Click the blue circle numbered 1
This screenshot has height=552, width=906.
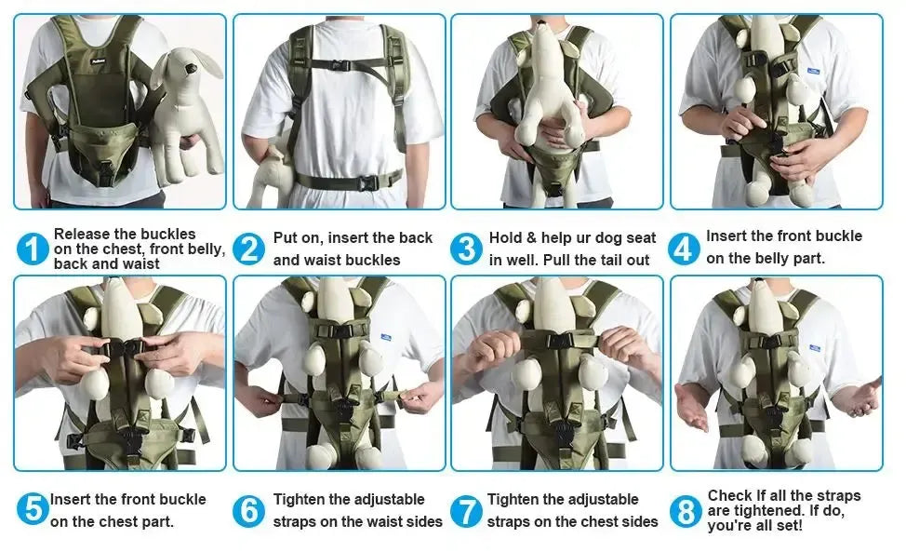pos(33,249)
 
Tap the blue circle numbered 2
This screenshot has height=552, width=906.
pos(249,249)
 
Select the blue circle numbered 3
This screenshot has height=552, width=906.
pos(466,249)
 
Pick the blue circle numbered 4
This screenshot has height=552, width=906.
pos(684,249)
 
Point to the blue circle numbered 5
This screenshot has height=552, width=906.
pos(33,509)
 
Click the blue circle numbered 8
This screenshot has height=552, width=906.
pos(685,510)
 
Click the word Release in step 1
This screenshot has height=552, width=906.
pos(85,234)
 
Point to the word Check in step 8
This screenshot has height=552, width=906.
pos(730,495)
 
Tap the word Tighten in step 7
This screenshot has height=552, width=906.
pos(514,500)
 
